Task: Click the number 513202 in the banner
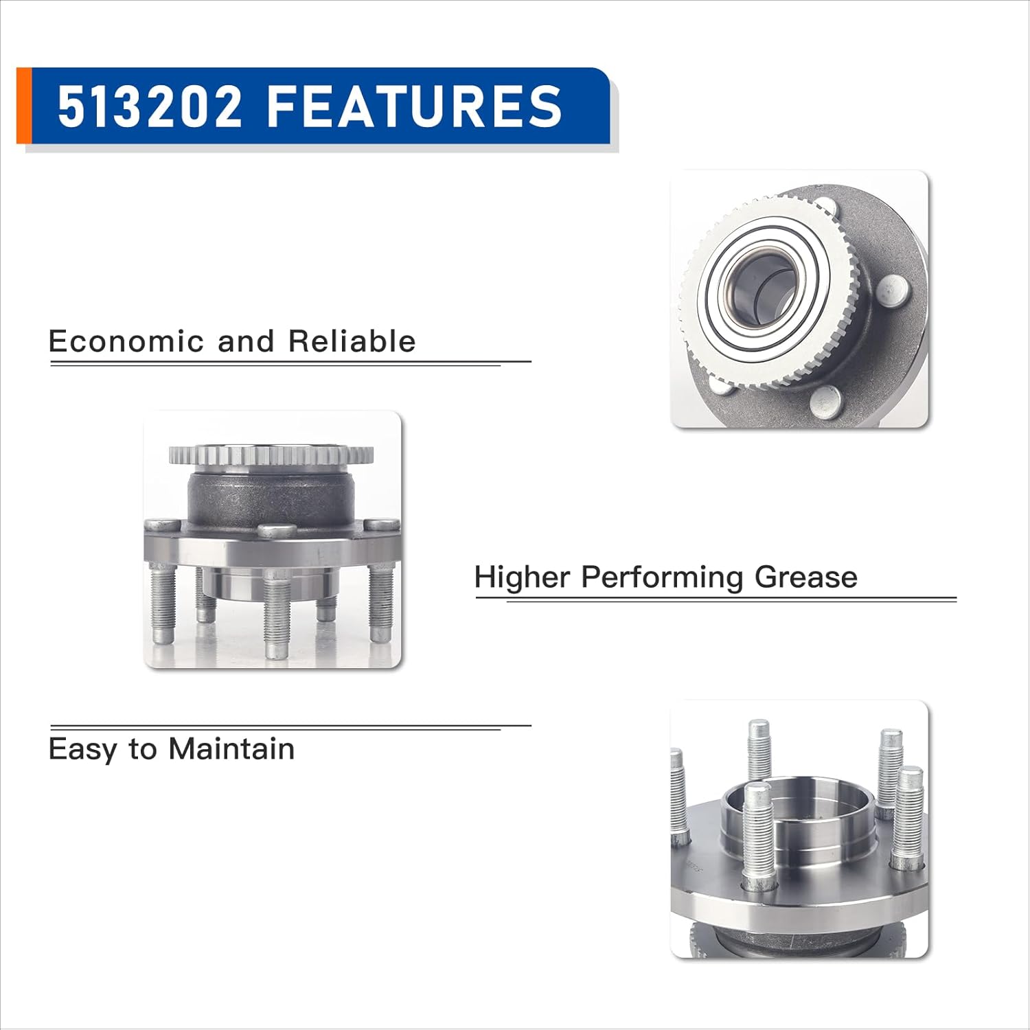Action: coord(150,106)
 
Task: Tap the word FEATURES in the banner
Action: coord(414,106)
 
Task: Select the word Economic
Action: coord(126,341)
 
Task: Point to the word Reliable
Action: coord(352,341)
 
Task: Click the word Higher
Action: coord(522,577)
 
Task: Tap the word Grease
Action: coord(805,577)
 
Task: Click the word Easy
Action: coord(82,748)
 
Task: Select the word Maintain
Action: coord(231,748)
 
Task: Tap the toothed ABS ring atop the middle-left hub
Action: coord(271,455)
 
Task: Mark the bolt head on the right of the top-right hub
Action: coord(894,289)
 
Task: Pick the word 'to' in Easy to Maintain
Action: coord(143,748)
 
